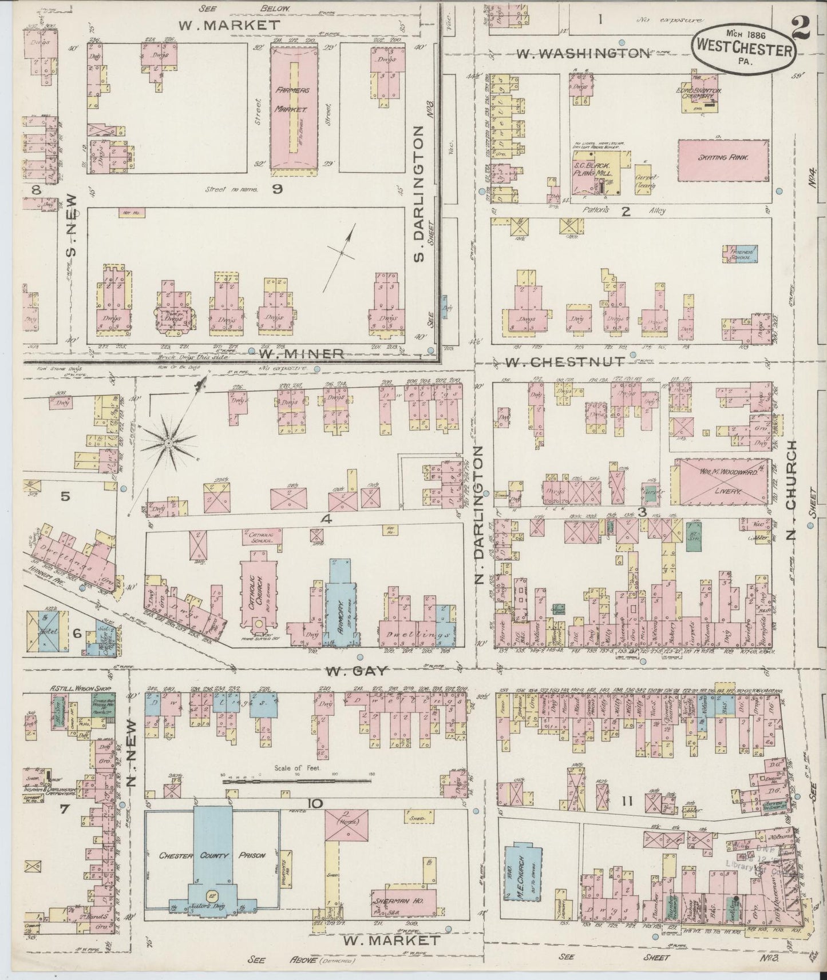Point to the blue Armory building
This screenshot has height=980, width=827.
[x=340, y=606]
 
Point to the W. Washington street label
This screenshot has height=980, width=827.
[x=583, y=53]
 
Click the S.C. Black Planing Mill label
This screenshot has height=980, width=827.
[x=593, y=169]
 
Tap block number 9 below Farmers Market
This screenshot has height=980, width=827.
[x=277, y=189]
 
